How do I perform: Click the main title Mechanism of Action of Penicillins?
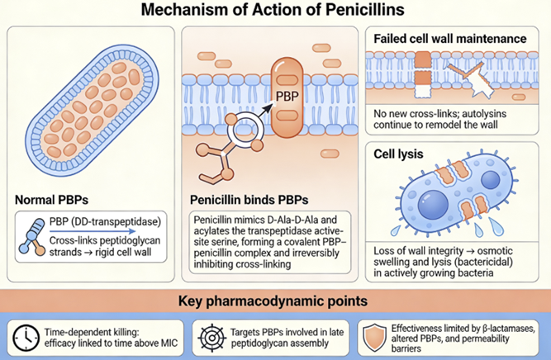(275, 12)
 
